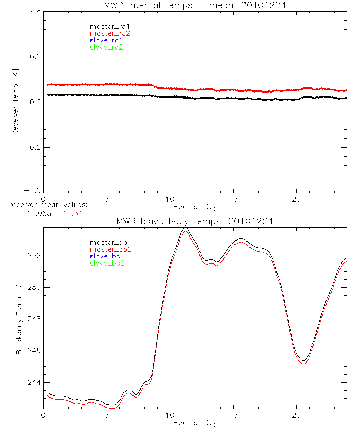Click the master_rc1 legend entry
pos(106,26)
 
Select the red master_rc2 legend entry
pos(110,33)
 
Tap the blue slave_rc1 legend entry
pos(106,40)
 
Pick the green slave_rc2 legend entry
pos(106,47)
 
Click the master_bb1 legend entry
pos(108,242)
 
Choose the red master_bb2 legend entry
pos(108,249)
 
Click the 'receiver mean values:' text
pos(48,205)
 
